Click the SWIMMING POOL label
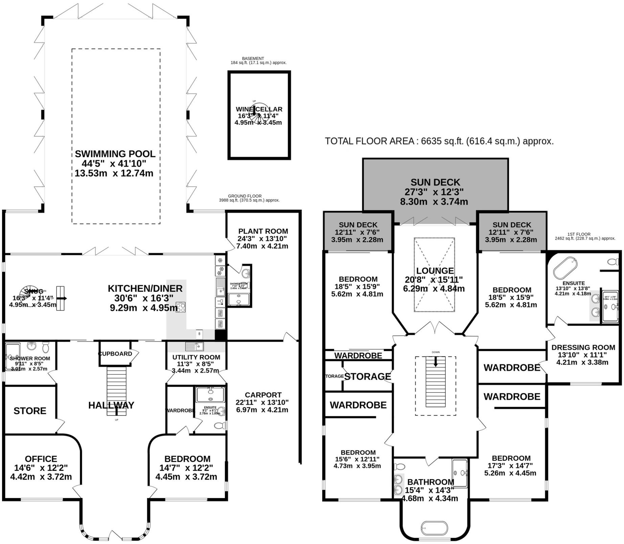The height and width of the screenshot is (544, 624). pyautogui.click(x=115, y=154)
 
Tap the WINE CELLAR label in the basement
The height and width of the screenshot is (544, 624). pyautogui.click(x=259, y=109)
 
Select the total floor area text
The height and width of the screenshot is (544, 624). pyautogui.click(x=439, y=141)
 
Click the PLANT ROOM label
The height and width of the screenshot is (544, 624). pyautogui.click(x=263, y=231)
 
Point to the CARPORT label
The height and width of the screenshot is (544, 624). pyautogui.click(x=263, y=395)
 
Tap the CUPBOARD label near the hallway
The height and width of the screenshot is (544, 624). pyautogui.click(x=115, y=354)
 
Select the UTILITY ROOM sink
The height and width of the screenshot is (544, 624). pyautogui.click(x=194, y=346)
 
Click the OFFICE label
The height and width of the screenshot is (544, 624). pyautogui.click(x=41, y=459)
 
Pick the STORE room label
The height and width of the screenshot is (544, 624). pyautogui.click(x=30, y=411)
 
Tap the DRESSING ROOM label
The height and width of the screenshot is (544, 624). pyautogui.click(x=583, y=347)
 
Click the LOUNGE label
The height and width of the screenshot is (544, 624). pyautogui.click(x=435, y=271)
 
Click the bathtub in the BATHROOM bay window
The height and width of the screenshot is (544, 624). pyautogui.click(x=434, y=528)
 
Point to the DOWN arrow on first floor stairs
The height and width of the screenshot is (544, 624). pyautogui.click(x=435, y=362)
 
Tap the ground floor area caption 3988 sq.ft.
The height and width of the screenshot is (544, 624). pyautogui.click(x=249, y=200)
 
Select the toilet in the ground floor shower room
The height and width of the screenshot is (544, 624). pyautogui.click(x=45, y=347)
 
